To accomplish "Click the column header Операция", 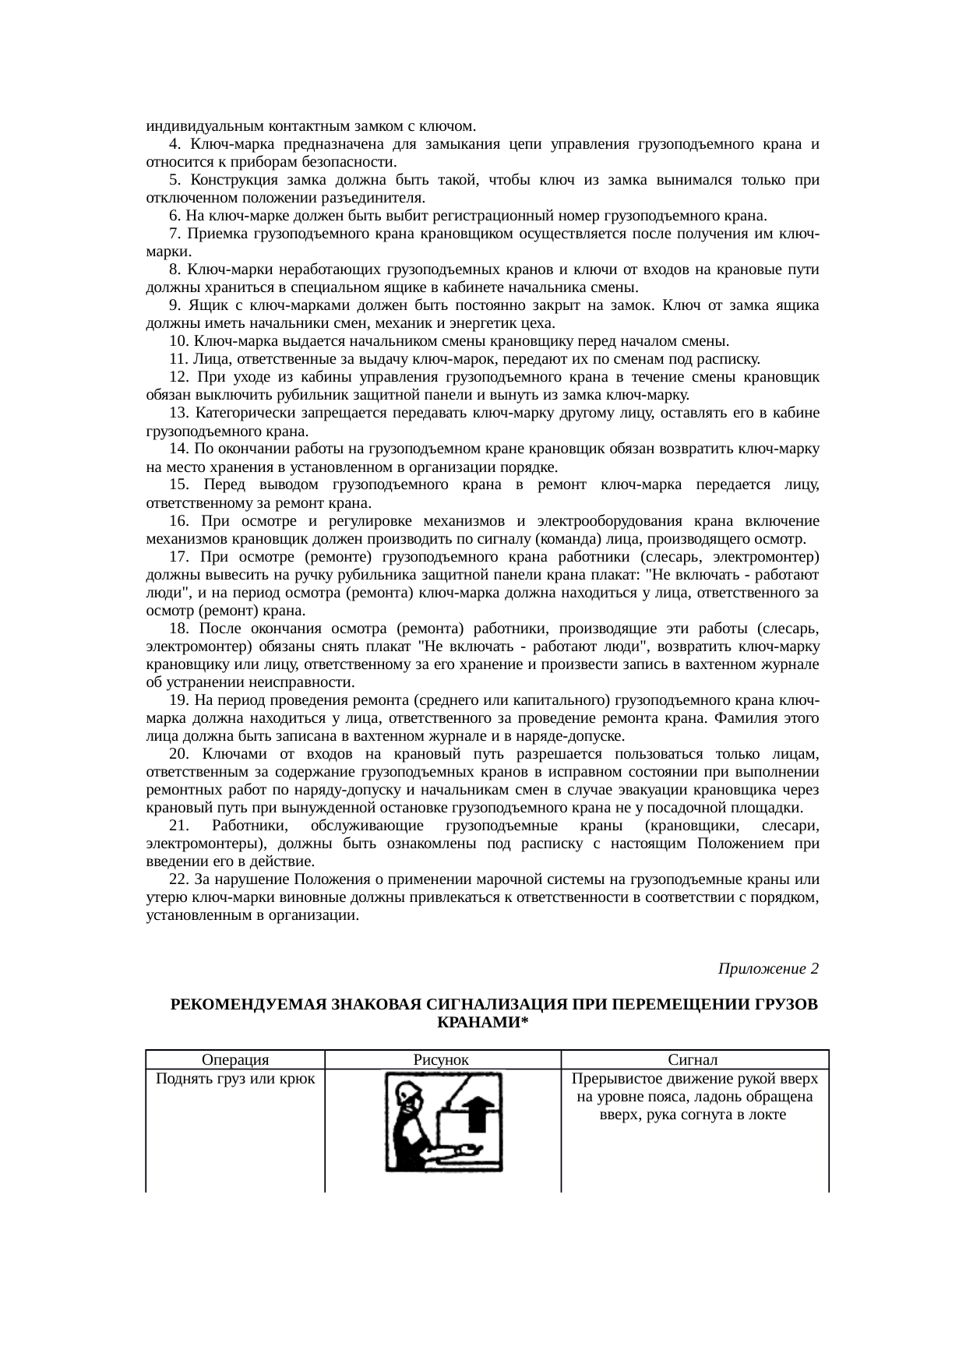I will point(234,1059).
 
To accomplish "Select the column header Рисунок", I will point(441,1059).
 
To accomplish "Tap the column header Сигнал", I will point(693,1059).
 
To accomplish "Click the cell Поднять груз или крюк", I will point(235,1079).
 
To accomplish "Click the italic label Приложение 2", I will point(767,968).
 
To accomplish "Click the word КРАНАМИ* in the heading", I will point(481,1022).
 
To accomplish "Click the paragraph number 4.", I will point(175,144).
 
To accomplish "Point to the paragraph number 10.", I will point(178,341).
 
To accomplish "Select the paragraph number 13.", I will point(178,413).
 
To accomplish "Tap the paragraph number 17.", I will point(178,557).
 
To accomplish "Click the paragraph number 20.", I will point(178,754).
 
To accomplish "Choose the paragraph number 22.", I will point(178,879).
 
